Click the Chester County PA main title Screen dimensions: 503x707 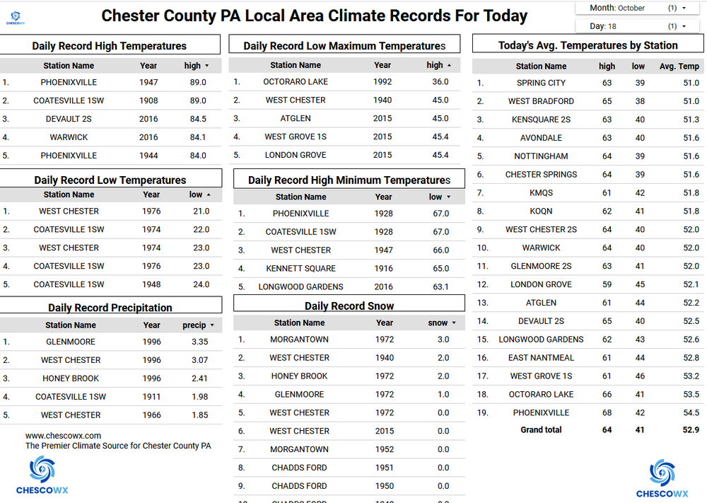tap(314, 16)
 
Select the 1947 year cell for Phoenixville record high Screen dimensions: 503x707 tap(148, 82)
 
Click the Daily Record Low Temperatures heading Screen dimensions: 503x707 tap(110, 180)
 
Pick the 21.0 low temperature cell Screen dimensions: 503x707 tap(201, 211)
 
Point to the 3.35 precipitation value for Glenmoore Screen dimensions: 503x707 tap(199, 342)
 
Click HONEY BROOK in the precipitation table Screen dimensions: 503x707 tap(71, 378)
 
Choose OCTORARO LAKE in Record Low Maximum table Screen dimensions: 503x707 tap(295, 81)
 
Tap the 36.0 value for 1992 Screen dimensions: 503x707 tap(440, 81)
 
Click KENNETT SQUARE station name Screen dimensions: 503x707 tap(300, 268)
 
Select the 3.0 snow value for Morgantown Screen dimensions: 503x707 tap(443, 340)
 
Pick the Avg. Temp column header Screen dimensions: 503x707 tap(679, 67)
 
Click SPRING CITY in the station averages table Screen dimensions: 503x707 tap(541, 83)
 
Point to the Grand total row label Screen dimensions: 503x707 tap(541, 429)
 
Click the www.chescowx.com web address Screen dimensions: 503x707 tap(63, 436)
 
